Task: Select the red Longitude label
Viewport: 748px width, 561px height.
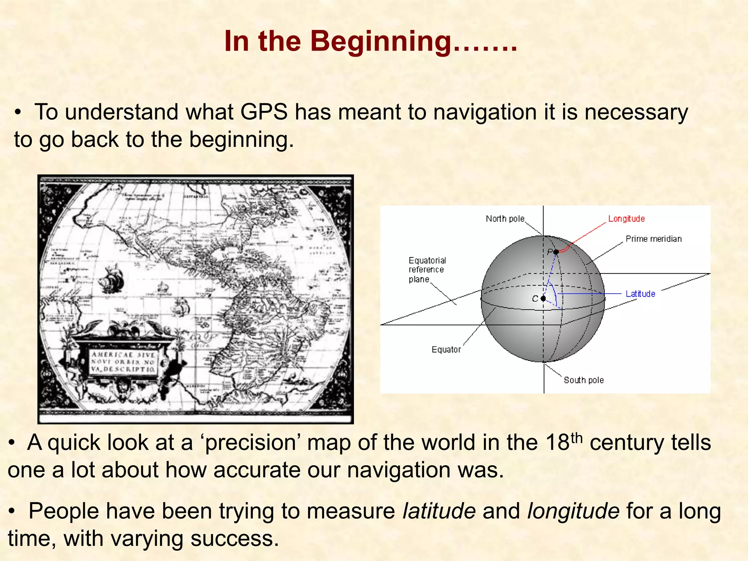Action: pos(626,219)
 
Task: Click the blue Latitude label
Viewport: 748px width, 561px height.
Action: pos(640,294)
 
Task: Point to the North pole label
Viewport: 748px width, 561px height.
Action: pos(505,219)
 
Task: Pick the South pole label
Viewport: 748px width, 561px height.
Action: pos(583,380)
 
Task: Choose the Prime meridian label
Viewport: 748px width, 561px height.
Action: pos(653,239)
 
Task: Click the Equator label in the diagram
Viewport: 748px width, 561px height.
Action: pos(446,350)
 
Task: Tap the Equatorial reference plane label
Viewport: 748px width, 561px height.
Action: pos(427,270)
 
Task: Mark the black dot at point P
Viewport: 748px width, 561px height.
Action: pos(556,252)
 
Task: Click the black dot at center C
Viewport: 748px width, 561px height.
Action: pos(543,299)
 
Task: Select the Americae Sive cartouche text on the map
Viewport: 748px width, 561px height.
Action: pos(123,362)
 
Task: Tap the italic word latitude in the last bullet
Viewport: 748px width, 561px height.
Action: pos(439,511)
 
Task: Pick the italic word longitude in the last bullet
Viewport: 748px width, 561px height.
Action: pos(573,511)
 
